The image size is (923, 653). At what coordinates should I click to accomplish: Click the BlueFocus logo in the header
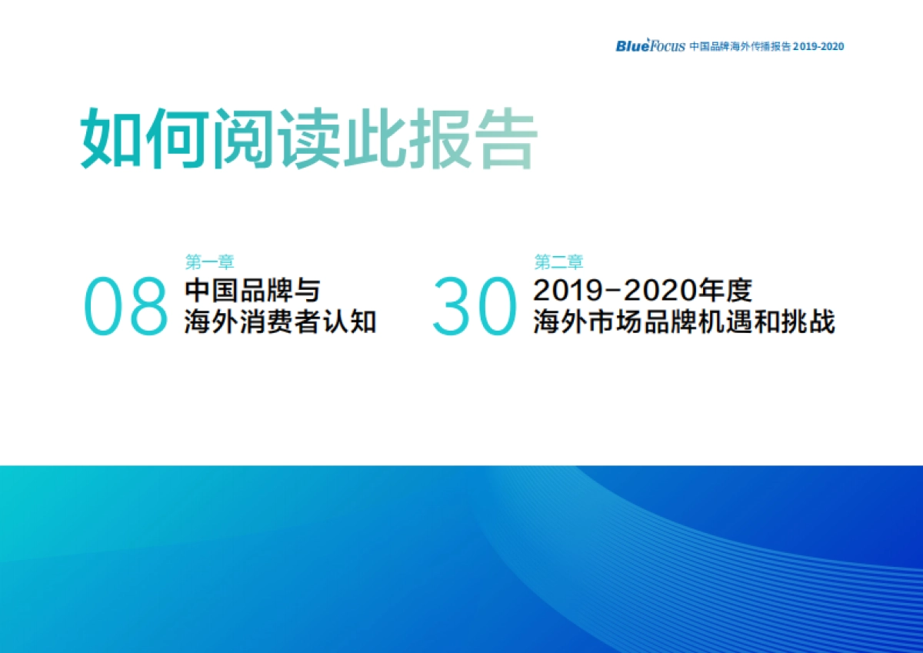(x=650, y=45)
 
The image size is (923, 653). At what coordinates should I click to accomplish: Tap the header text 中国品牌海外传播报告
(x=740, y=46)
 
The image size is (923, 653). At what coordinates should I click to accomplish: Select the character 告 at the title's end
(x=504, y=140)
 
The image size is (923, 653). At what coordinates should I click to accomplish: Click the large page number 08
(x=125, y=306)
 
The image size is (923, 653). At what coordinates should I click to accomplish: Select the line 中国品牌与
(x=252, y=291)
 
